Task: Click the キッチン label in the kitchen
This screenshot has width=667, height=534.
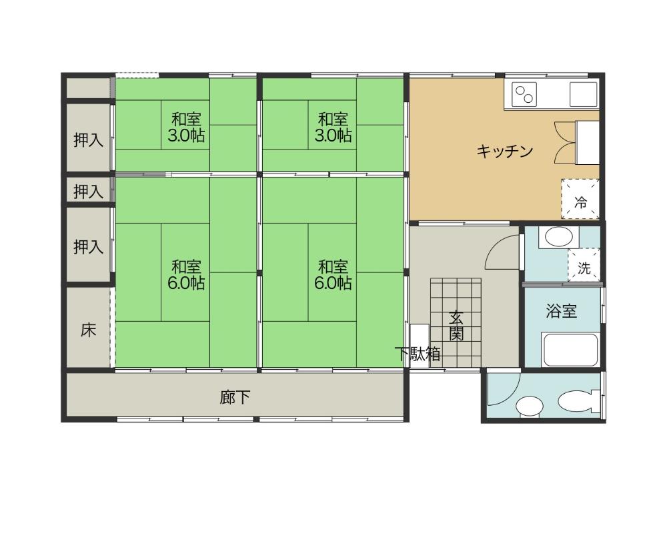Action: [x=504, y=151]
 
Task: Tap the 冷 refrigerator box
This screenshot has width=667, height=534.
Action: [x=580, y=199]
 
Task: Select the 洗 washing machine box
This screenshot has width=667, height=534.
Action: [x=584, y=265]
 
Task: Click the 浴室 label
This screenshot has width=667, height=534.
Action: [x=561, y=311]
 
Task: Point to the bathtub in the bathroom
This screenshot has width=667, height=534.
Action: [x=572, y=350]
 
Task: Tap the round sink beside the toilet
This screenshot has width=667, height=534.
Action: [x=530, y=406]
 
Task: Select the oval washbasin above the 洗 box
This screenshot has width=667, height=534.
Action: [x=558, y=237]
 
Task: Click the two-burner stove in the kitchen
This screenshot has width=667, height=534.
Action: [x=524, y=95]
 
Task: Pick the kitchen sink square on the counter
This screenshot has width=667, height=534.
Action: [x=584, y=94]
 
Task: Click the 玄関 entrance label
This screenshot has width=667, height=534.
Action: [x=456, y=325]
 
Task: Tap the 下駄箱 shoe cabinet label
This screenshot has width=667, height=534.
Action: [x=418, y=354]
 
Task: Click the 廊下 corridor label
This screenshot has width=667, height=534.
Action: [x=235, y=397]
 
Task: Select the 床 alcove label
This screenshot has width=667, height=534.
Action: [x=89, y=329]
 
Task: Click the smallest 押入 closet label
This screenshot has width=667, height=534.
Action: [x=88, y=191]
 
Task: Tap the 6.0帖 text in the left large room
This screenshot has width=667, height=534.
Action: [x=186, y=283]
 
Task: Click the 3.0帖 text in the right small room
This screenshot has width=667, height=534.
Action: [x=333, y=136]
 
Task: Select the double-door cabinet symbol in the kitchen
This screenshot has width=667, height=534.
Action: [x=565, y=143]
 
